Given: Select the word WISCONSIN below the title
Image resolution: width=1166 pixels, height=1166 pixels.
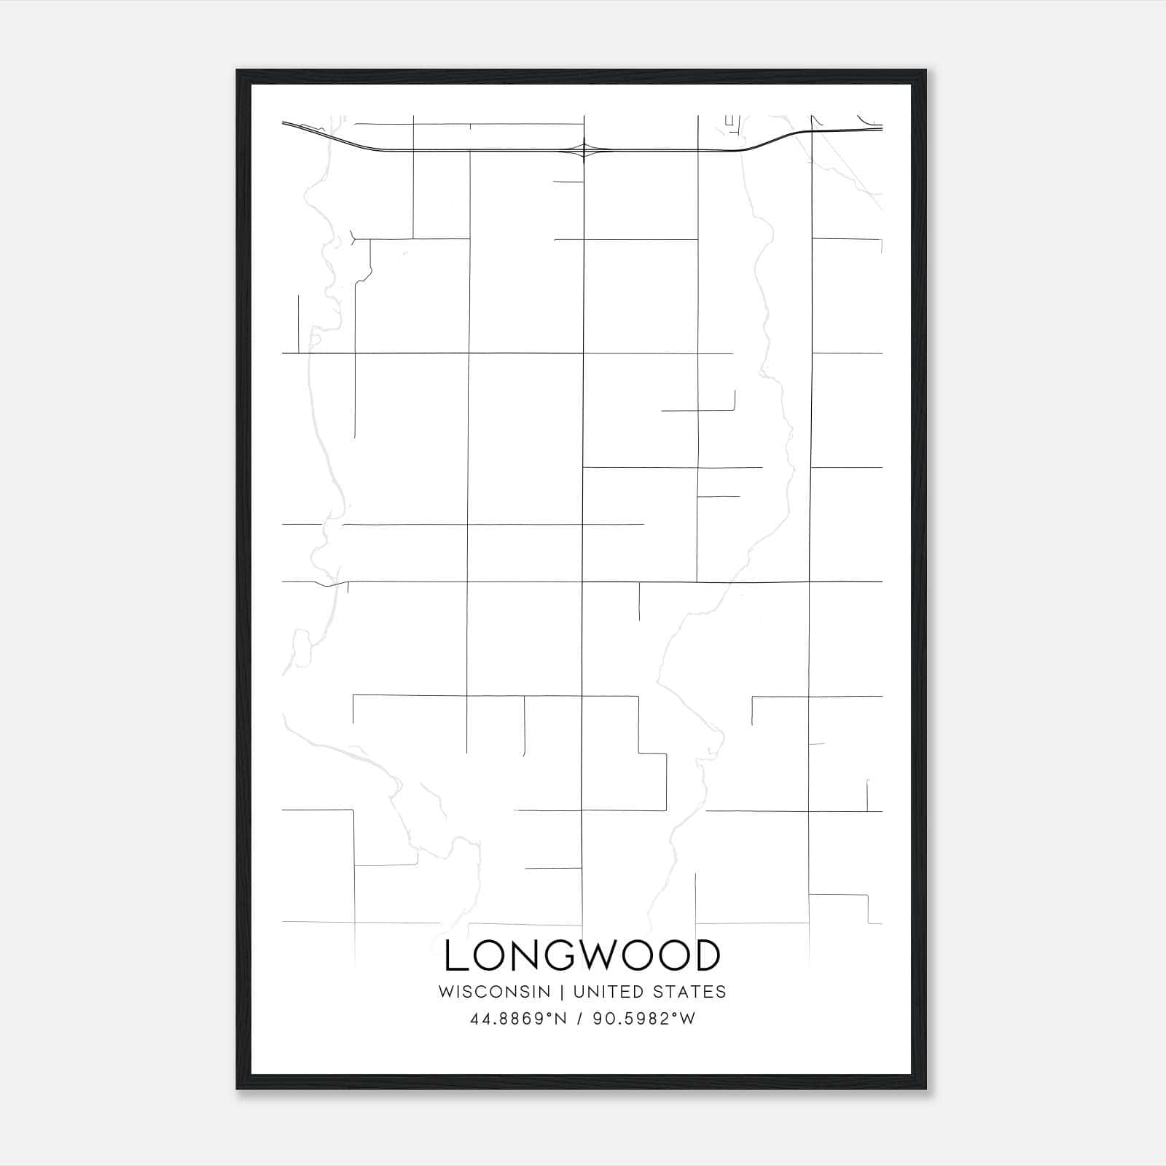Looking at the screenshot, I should pos(494,992).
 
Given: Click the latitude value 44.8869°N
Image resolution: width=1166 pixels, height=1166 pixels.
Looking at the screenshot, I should pos(518,1019).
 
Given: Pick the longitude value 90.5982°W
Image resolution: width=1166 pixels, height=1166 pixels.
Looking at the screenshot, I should pos(644,1019).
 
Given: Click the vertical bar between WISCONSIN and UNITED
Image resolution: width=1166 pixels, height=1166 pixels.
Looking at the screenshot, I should pos(562,992).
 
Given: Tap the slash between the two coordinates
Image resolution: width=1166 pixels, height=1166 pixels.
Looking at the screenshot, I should pos(579,1019).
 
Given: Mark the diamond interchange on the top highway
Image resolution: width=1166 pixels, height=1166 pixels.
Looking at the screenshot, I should pos(583,150).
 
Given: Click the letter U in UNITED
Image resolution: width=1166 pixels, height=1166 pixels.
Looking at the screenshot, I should pos(579,992).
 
